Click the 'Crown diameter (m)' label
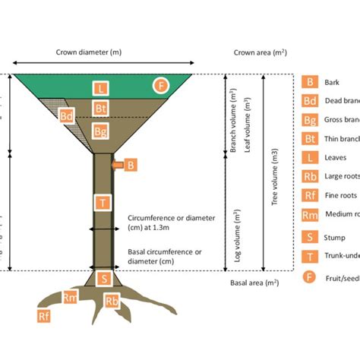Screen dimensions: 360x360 coord(89,53)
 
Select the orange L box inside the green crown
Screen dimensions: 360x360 coord(101,88)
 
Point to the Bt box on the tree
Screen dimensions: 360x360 coord(101,109)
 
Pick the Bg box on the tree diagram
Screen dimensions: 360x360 coord(101,131)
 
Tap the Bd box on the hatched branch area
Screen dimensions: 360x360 coord(67,116)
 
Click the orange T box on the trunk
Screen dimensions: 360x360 coord(101,202)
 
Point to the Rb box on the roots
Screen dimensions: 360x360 coord(112,300)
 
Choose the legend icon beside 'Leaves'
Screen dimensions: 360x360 coord(310,157)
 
